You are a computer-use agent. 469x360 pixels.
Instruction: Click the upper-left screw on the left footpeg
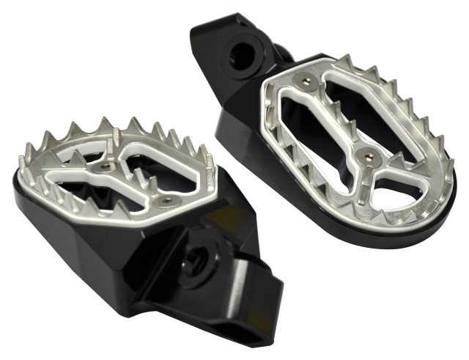(106, 167)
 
